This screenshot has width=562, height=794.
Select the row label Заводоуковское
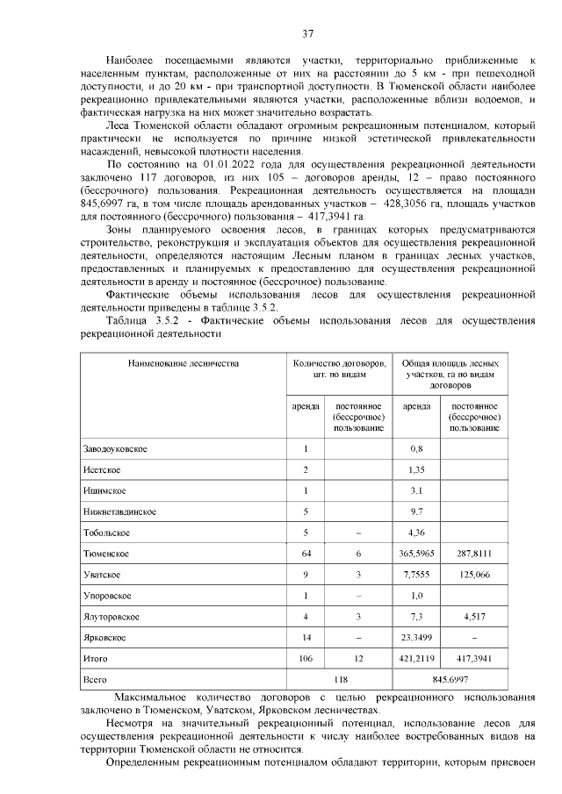(x=115, y=449)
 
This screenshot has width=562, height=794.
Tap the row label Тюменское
(x=107, y=554)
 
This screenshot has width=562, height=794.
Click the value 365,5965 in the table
(x=416, y=554)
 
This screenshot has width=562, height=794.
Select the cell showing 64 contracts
(x=306, y=554)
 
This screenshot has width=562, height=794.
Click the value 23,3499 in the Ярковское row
(x=416, y=637)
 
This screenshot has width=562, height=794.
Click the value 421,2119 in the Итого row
(x=416, y=658)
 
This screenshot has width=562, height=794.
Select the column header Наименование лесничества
(x=183, y=362)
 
